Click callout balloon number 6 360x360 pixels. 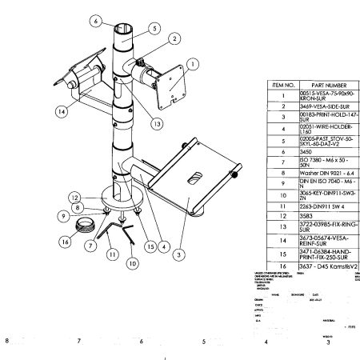coord(95,21)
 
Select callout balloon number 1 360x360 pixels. coord(192,62)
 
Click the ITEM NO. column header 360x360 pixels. coord(285,84)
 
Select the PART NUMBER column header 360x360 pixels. coord(330,84)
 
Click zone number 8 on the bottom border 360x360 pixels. coord(7,342)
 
